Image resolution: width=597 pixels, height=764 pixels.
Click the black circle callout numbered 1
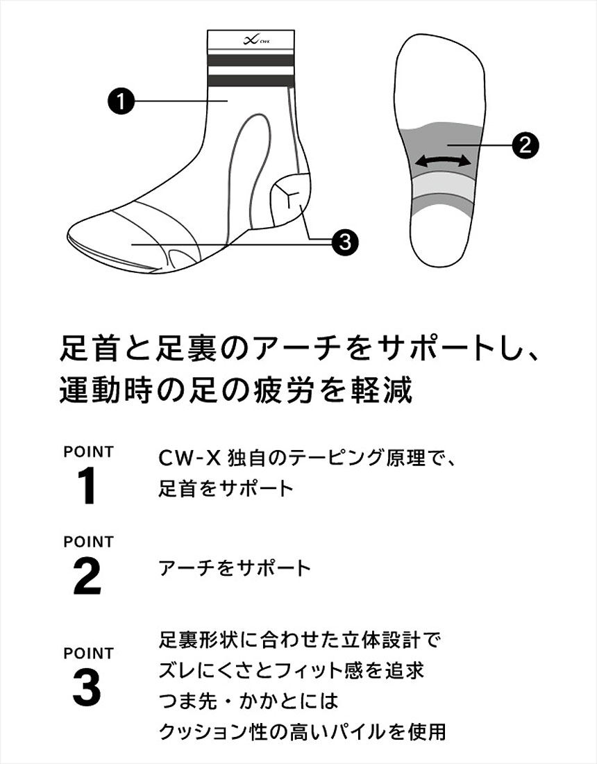(121, 101)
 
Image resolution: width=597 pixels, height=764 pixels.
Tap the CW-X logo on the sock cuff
(250, 40)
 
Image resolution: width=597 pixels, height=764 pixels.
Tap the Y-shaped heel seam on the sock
(291, 190)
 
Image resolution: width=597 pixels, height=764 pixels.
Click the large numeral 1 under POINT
(87, 488)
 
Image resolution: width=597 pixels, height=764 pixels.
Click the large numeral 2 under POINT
(87, 577)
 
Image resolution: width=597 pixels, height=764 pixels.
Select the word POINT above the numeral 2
(88, 541)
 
